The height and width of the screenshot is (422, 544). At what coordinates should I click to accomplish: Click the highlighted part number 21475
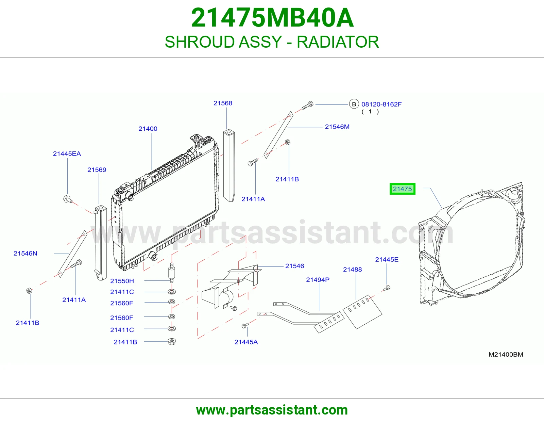pos(402,189)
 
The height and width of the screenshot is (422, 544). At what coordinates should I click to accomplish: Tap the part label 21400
pos(148,129)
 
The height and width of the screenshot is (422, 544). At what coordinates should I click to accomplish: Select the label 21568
pos(223,103)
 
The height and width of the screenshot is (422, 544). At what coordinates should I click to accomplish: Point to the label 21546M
pos(337,127)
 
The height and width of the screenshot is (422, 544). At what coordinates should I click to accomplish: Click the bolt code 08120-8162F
pos(381,104)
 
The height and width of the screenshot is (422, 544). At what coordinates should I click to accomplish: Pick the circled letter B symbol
pos(354,104)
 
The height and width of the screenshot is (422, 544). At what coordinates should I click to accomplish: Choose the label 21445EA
pos(67,153)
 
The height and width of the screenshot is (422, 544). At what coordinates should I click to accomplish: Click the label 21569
pos(97,170)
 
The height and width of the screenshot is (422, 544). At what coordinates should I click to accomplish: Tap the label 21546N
pos(25,253)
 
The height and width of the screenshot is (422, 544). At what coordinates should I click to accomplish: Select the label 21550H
pos(122,281)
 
